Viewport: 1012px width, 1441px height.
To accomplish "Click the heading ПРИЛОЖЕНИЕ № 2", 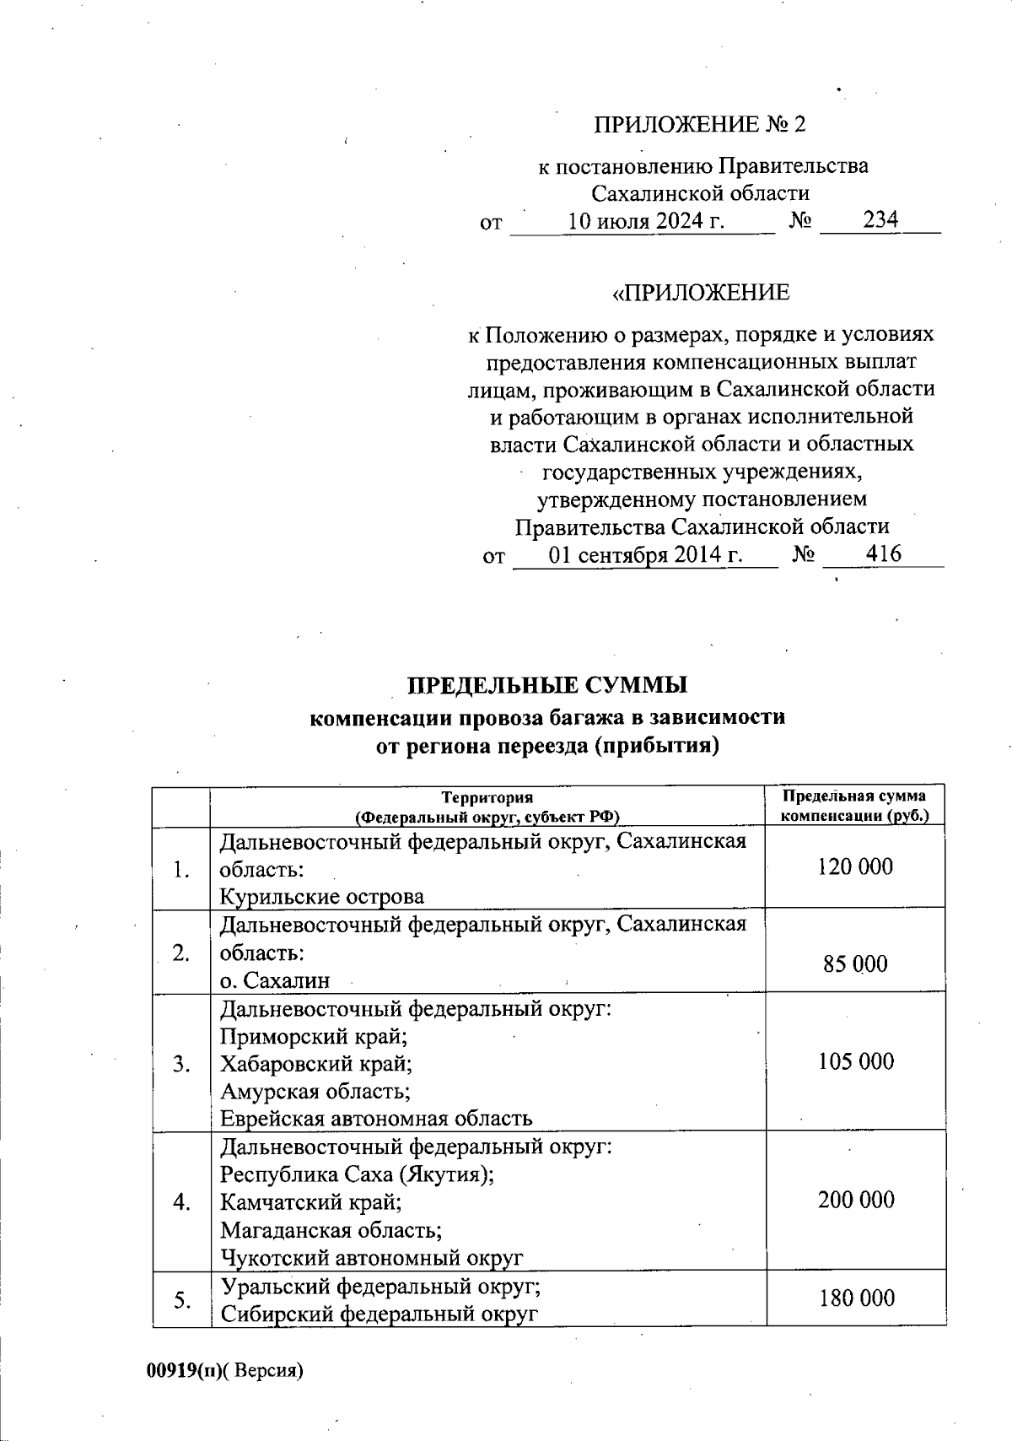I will point(700,125).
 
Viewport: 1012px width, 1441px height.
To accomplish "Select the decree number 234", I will point(880,220).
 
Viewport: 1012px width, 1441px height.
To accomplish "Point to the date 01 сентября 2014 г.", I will point(646,555).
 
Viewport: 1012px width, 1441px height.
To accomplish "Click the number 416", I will point(883,554).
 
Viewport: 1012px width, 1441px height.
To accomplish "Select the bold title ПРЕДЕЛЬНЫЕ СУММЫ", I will point(547,684).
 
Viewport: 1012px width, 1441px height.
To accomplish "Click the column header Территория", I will point(487,797).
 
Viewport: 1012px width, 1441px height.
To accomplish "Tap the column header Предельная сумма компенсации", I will point(853,806).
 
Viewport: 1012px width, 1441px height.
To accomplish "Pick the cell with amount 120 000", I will point(855,867).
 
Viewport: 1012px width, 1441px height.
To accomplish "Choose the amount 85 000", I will point(855,964).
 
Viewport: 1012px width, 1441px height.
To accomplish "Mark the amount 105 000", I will point(855,1061).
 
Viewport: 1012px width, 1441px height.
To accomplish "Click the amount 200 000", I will point(855,1200).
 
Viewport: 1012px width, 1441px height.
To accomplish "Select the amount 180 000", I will point(855,1298).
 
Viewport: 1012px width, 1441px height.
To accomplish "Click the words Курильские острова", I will point(321,896).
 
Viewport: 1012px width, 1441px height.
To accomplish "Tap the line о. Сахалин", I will point(274,980).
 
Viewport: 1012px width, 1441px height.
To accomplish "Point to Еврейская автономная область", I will point(376,1119).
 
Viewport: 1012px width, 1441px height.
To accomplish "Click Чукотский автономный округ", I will point(371,1258).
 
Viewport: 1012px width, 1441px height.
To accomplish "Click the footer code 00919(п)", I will point(184,1371).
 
